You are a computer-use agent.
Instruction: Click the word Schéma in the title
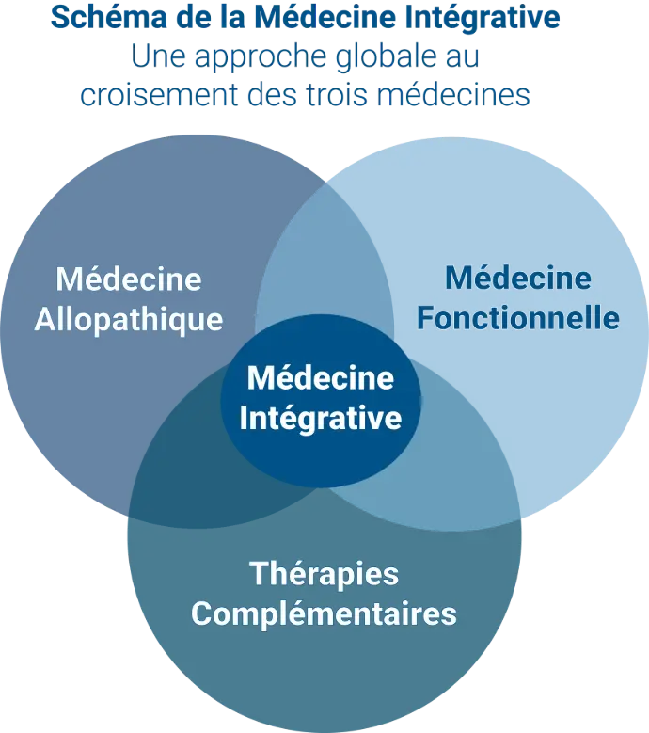[109, 17]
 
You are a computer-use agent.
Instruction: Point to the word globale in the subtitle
[382, 56]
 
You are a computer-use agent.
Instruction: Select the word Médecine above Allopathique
[129, 279]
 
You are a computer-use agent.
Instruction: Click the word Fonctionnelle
[518, 318]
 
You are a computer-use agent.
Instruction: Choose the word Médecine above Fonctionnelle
[518, 278]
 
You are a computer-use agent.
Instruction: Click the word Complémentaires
[324, 613]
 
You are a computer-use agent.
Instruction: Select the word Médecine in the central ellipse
[321, 377]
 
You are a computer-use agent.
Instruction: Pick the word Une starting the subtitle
[158, 56]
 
